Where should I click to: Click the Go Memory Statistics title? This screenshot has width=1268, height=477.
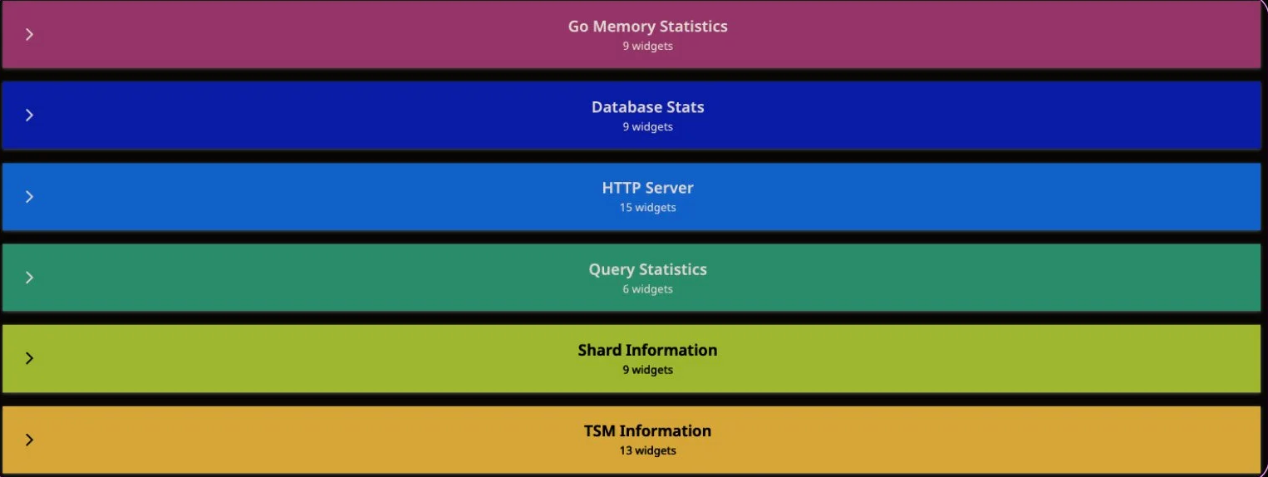(647, 27)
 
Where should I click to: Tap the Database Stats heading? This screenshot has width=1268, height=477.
(647, 107)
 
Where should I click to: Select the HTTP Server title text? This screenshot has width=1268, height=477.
(647, 188)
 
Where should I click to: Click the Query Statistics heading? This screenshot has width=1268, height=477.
(647, 269)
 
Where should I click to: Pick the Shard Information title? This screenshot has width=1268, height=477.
(647, 350)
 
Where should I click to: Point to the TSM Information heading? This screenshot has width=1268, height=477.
(647, 430)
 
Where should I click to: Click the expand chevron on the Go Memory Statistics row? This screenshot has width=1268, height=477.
(29, 34)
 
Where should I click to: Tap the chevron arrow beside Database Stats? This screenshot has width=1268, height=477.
(29, 115)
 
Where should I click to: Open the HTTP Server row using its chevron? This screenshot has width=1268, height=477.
(29, 196)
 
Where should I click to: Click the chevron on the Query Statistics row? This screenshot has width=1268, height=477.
(29, 277)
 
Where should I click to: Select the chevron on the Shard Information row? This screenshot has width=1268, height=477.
(29, 358)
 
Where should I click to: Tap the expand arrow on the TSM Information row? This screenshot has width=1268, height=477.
(29, 440)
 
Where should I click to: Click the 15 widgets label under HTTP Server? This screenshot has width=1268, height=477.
(647, 208)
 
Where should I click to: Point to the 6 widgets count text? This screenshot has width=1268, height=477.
(647, 289)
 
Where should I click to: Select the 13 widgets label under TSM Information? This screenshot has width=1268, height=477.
(647, 450)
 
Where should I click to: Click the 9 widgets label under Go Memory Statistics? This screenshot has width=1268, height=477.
(647, 47)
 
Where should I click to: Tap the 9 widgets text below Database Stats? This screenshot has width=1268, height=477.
(647, 127)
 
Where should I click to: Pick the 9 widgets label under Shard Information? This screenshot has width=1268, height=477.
(647, 370)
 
